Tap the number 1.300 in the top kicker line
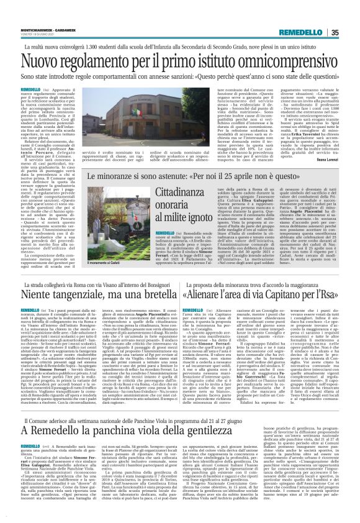point(118,46)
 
